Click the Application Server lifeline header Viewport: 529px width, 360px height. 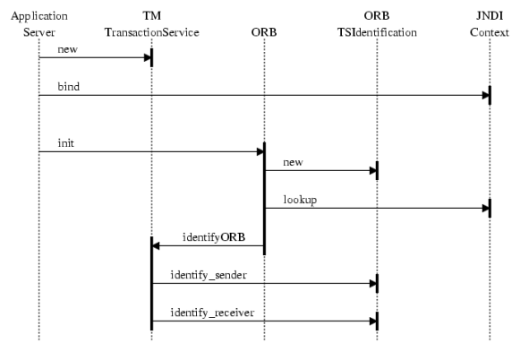[39, 24]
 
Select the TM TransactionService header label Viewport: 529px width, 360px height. [152, 24]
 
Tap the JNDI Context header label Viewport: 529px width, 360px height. [490, 24]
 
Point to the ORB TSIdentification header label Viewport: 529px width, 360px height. [377, 24]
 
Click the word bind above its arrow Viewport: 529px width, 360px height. [69, 87]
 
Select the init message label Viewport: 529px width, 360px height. [65, 143]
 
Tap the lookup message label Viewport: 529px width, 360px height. [300, 200]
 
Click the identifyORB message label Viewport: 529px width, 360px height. [214, 237]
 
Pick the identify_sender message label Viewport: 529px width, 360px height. [209, 275]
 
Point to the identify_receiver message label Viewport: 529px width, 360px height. [212, 313]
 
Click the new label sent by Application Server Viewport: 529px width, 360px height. [67, 49]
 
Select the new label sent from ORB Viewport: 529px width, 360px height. [293, 162]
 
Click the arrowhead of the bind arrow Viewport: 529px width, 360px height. [485, 95]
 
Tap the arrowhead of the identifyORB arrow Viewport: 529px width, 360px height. [156, 245]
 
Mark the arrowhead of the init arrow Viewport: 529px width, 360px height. [260, 152]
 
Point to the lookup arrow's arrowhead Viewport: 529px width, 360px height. [485, 208]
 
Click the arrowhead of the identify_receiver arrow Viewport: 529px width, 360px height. [372, 321]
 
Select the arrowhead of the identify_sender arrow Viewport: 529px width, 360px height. [372, 283]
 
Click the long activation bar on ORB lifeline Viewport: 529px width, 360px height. [265, 199]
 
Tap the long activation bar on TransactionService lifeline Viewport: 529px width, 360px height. [152, 283]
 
